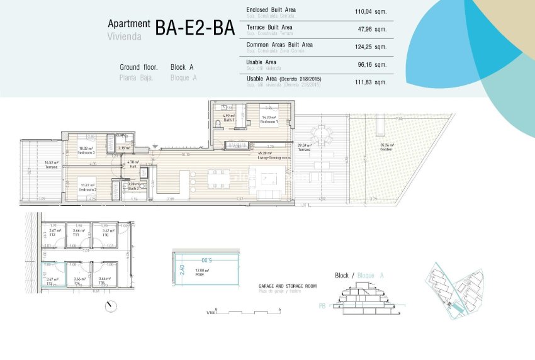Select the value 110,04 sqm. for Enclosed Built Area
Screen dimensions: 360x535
tap(371, 12)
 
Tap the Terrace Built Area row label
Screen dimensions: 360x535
tap(269, 28)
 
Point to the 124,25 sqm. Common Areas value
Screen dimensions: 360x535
tap(371, 47)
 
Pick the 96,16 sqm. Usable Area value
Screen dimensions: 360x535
tap(373, 64)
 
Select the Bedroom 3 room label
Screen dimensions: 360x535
tap(86, 151)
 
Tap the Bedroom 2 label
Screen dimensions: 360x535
tap(86, 187)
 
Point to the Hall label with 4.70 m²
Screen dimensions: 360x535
tap(133, 164)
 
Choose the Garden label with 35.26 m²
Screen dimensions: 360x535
tap(387, 149)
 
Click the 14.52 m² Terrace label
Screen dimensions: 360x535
tap(51, 165)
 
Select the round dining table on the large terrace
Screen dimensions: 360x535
tap(322, 134)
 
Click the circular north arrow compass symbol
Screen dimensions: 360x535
tap(111, 307)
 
